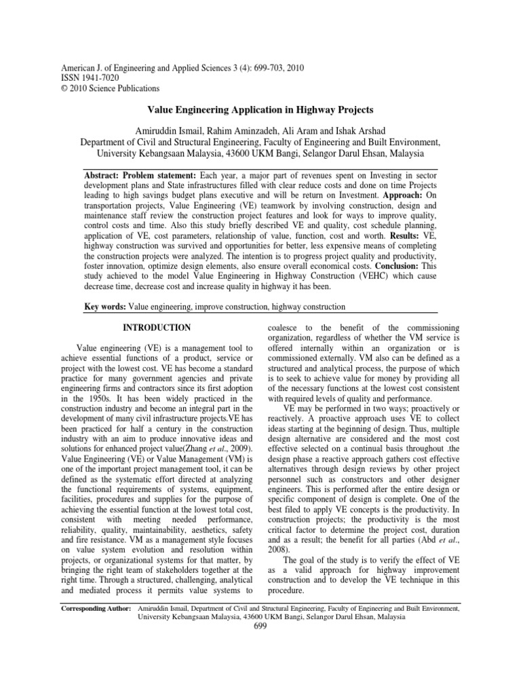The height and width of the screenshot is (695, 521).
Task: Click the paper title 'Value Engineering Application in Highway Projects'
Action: pos(260,109)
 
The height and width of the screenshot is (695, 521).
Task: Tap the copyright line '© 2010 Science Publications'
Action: pos(111,88)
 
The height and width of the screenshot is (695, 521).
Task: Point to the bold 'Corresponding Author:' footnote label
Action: pos(96,609)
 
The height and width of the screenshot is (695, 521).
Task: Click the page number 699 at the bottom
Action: pos(260,626)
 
